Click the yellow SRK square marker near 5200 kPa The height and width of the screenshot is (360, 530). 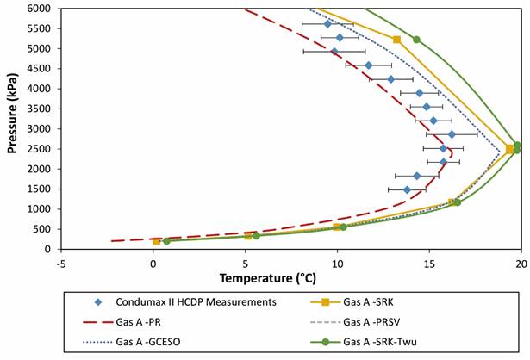pos(396,40)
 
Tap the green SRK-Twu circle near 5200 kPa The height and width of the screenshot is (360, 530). pos(416,40)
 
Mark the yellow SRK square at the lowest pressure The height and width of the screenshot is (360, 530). pos(156,241)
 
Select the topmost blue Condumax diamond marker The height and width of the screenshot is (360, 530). pos(327,24)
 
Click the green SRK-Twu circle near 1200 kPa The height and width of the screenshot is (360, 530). pos(457,202)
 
